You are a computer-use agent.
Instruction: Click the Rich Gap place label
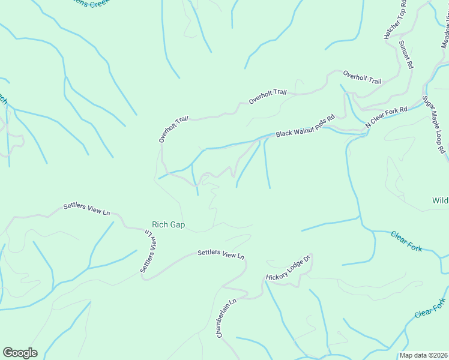pyautogui.click(x=168, y=225)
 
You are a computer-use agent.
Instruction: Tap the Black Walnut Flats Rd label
pyautogui.click(x=304, y=127)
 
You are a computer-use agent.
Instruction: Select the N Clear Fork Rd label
pyautogui.click(x=387, y=116)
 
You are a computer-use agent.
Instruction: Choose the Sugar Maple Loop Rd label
pyautogui.click(x=435, y=125)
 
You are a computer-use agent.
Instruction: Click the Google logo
pyautogui.click(x=20, y=353)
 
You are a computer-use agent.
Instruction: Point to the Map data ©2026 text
pyautogui.click(x=423, y=355)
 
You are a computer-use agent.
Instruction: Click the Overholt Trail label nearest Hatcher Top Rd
pyautogui.click(x=362, y=77)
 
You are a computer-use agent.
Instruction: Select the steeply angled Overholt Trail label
pyautogui.click(x=173, y=130)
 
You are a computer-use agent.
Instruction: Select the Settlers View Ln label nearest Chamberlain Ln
pyautogui.click(x=221, y=254)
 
